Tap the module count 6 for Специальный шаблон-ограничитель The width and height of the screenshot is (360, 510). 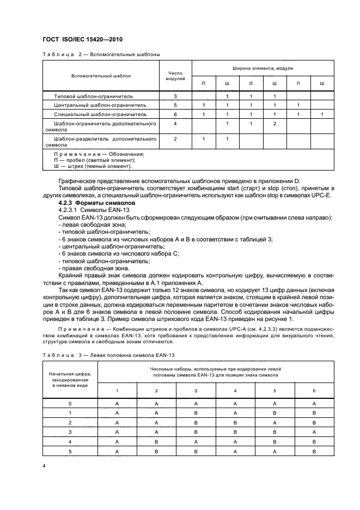tap(175, 114)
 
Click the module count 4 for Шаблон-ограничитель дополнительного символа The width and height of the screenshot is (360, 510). tap(175, 124)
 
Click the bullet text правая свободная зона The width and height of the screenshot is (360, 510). tap(88, 268)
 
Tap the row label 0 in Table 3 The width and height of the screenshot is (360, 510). tap(69, 404)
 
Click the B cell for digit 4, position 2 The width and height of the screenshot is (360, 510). tap(157, 442)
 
